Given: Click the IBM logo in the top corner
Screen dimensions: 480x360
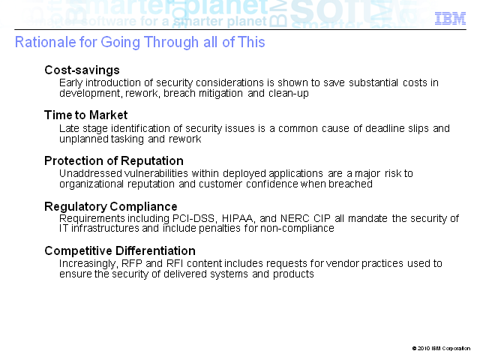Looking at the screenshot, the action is [450, 19].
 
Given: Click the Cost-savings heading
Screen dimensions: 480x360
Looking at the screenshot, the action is [82, 70].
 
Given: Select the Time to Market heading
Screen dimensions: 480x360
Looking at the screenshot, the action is [85, 115].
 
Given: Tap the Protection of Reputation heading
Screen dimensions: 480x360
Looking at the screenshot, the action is [114, 160].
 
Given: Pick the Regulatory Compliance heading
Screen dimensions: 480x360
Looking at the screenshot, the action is [111, 206].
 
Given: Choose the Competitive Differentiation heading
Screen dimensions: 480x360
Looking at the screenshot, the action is [120, 250].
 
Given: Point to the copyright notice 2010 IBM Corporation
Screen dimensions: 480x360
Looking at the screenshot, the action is [441, 348].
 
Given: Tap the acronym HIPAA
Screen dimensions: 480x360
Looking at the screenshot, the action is [238, 218].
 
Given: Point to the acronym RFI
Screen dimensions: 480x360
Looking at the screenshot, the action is [175, 263].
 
